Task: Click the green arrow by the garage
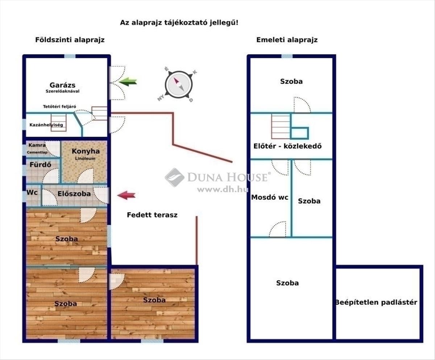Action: [x=128, y=82]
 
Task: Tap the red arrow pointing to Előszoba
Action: [x=126, y=195]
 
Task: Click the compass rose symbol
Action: [x=178, y=84]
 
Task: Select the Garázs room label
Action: [x=62, y=85]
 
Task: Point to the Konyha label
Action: [x=86, y=151]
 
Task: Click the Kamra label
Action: [x=37, y=145]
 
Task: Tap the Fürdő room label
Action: [x=40, y=165]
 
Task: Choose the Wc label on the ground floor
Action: [x=32, y=192]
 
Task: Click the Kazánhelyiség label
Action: [x=46, y=125]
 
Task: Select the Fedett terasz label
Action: [x=152, y=215]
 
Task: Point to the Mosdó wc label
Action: [x=270, y=197]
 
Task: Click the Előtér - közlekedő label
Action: [x=287, y=146]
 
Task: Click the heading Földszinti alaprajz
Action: [x=70, y=40]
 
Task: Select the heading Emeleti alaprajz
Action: [x=287, y=40]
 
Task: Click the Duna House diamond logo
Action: [x=175, y=178]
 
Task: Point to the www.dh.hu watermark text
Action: [x=223, y=190]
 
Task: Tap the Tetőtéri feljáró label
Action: [x=59, y=107]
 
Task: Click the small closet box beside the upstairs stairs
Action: [x=299, y=133]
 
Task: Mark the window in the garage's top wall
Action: [x=70, y=56]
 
